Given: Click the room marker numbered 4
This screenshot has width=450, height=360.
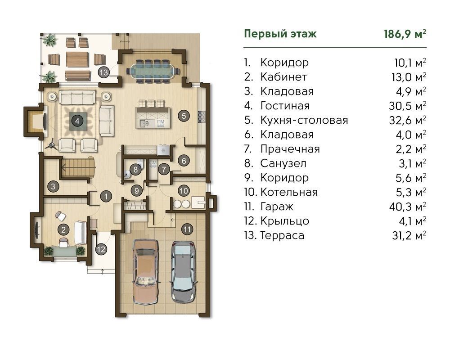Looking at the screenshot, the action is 77,121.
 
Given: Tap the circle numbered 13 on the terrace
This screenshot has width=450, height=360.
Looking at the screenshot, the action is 103,72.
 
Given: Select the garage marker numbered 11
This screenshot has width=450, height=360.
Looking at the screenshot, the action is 187,229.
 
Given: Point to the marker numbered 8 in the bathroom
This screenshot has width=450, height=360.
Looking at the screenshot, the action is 135,169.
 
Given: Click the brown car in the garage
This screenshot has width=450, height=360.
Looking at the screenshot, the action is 146,271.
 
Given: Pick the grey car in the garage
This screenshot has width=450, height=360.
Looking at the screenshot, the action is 184,272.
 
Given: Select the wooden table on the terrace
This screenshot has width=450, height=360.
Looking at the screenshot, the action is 77,59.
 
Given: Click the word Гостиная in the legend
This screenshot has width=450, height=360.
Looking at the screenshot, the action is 285,106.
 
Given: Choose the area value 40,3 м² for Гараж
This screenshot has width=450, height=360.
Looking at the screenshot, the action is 408,207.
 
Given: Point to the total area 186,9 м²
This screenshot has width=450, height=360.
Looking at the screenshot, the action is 405,34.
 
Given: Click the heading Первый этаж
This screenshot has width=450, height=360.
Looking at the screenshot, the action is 280,34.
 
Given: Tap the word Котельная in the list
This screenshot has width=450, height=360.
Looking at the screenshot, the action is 289,192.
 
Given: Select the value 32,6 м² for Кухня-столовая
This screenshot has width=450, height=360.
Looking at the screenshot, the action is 408,120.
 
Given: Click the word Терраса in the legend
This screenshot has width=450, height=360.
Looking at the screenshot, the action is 282,235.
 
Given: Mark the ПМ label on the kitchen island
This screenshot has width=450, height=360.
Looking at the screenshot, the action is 161,121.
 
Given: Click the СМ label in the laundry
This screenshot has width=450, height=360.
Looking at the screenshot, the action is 153,163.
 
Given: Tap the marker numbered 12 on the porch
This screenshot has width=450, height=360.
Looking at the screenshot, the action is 101,249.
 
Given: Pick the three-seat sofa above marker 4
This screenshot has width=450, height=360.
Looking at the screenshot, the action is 77,97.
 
